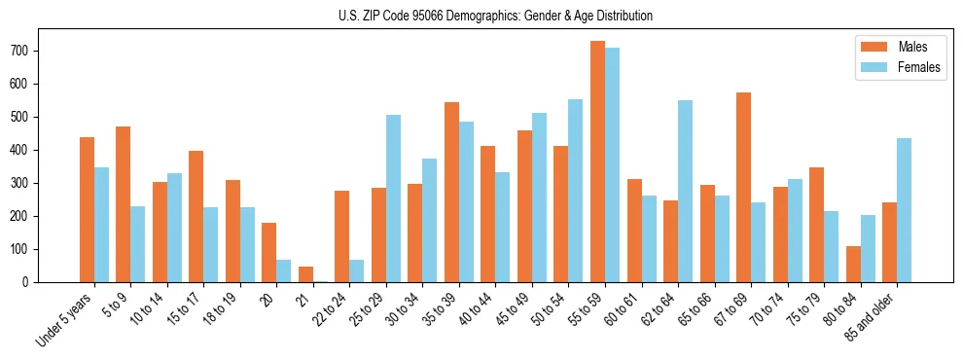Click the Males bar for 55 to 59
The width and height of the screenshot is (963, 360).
[597, 162]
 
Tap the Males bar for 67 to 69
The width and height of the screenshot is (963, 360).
[743, 188]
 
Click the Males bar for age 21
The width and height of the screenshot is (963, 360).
[305, 274]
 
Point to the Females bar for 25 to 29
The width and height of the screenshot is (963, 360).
[393, 198]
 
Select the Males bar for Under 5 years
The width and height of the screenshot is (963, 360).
[87, 209]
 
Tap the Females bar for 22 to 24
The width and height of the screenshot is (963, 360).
[357, 270]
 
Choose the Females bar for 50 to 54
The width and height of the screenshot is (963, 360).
[576, 191]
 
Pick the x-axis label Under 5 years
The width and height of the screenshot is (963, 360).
[65, 317]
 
